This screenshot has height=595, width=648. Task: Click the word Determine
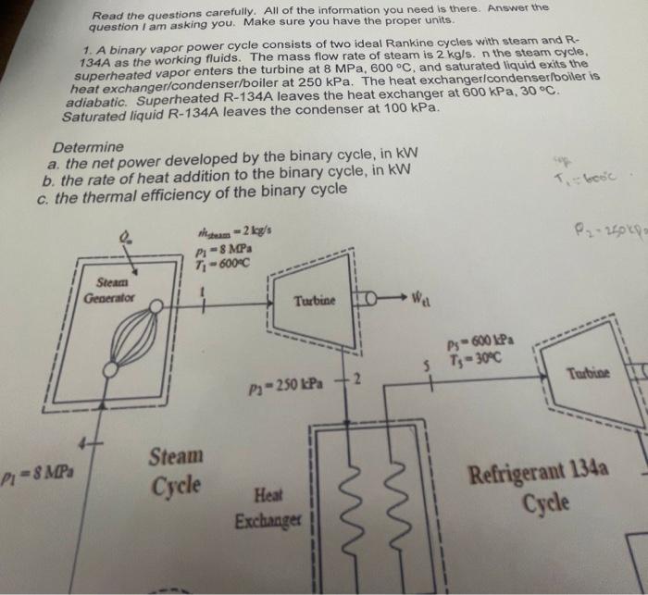[88, 147]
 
